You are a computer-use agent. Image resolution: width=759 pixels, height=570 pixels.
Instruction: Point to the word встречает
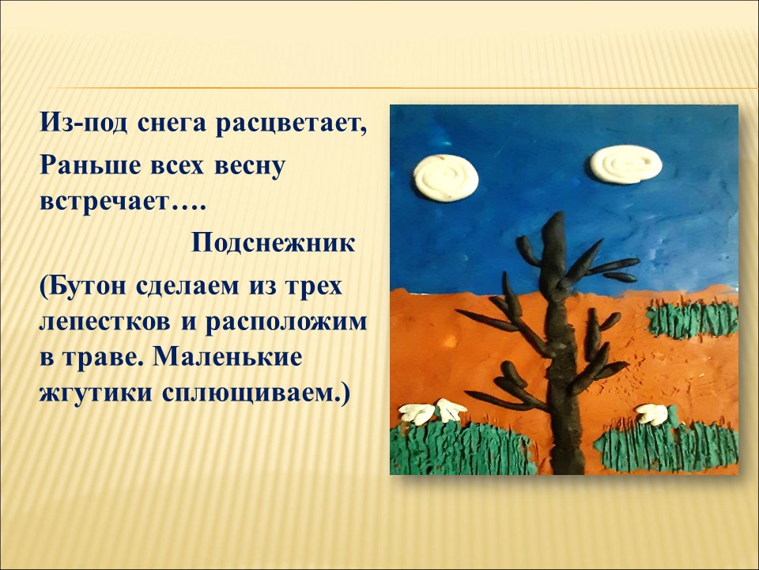click(x=103, y=201)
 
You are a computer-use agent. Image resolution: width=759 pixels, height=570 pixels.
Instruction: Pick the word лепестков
click(x=104, y=322)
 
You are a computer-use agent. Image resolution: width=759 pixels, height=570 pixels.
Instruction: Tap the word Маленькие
click(x=227, y=357)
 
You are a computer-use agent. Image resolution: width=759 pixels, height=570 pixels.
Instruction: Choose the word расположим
click(x=286, y=322)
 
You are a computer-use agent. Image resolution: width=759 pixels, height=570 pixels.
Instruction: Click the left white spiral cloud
click(x=446, y=177)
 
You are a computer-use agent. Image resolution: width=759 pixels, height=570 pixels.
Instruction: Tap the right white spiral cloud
click(x=625, y=165)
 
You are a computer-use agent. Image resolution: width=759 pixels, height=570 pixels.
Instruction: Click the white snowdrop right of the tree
click(x=652, y=414)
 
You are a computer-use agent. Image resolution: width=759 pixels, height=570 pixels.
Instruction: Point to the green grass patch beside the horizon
click(x=693, y=318)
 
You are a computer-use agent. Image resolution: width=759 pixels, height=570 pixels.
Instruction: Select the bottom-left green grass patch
click(x=463, y=446)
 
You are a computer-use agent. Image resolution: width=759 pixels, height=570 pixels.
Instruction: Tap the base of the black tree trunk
click(x=568, y=469)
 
